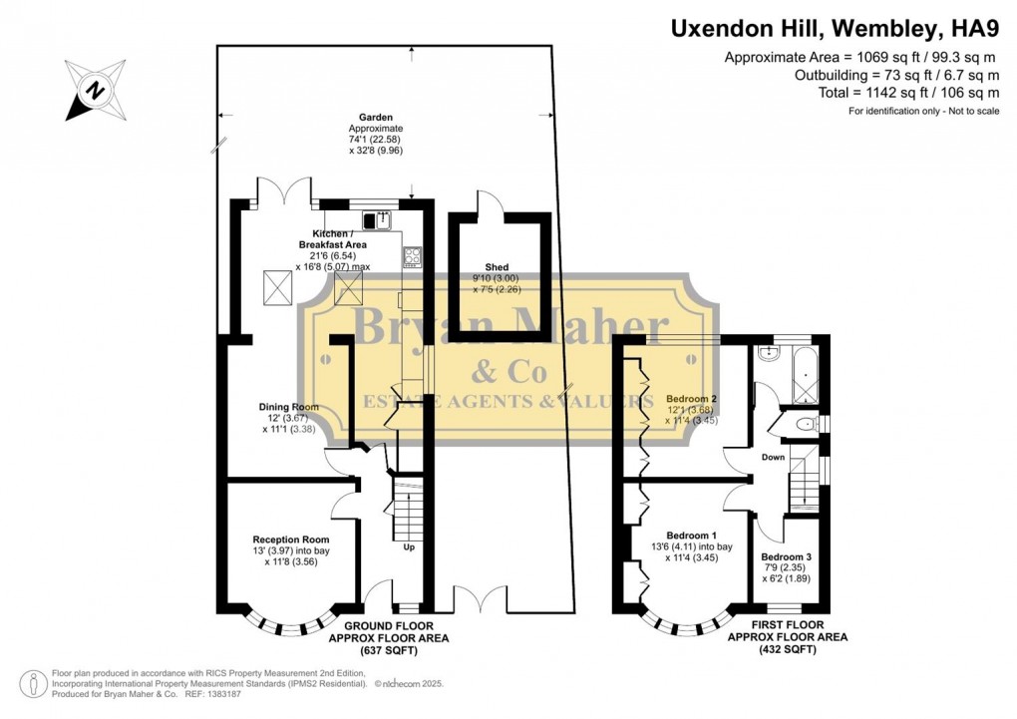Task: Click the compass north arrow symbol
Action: coord(97,89)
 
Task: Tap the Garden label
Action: coord(376,117)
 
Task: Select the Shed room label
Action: coord(497,267)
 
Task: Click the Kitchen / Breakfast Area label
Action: coord(333,238)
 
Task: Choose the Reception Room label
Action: coord(290,539)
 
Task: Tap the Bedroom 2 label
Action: coord(692,399)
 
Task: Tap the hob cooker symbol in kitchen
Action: coord(413,256)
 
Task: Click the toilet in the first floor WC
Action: coord(804,425)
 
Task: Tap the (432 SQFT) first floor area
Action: coord(787,649)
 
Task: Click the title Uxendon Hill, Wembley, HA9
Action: coord(835,29)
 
